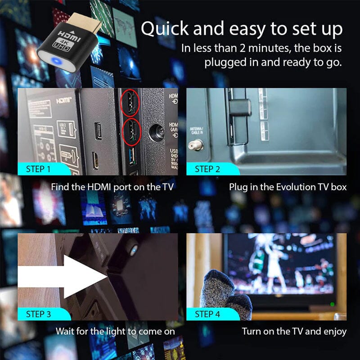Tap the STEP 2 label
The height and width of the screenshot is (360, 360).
pos(207,169)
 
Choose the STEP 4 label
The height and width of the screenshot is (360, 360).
pos(207,314)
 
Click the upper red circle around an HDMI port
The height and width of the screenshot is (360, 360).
pos(130,103)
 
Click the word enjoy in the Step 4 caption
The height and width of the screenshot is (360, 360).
pos(333,332)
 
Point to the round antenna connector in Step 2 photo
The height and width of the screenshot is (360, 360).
pos(196,144)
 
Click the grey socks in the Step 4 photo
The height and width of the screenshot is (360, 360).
pos(225,292)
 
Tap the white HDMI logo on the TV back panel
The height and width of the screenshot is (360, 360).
pos(63,101)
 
